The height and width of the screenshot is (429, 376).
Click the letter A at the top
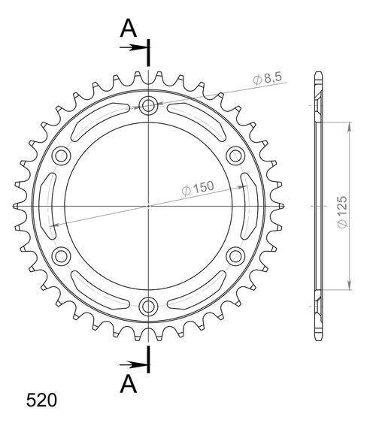(129, 28)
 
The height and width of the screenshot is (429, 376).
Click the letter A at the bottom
(129, 384)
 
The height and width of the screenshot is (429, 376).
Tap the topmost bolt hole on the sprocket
(149, 105)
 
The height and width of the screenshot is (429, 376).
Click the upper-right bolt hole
(235, 155)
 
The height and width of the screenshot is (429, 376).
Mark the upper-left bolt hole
(62, 155)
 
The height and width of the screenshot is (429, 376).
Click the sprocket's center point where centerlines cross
(149, 205)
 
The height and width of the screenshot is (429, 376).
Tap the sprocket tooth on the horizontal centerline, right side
(280, 205)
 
